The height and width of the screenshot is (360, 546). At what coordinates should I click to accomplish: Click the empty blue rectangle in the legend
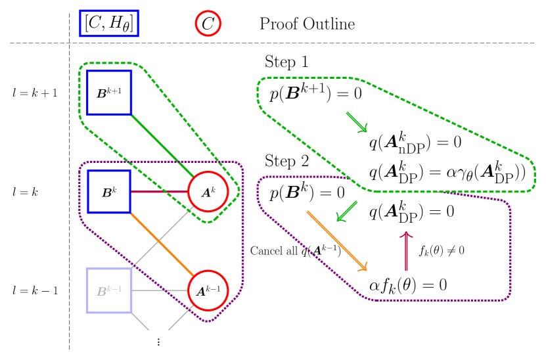[109, 23]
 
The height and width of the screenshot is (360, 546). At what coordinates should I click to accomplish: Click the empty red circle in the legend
[208, 23]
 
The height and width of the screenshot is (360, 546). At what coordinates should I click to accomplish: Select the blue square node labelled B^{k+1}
[109, 93]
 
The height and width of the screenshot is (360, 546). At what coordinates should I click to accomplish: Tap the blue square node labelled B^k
[109, 192]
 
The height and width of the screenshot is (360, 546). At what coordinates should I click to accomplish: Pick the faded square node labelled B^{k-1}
[109, 290]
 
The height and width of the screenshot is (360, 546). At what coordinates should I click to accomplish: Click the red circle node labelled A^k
[208, 192]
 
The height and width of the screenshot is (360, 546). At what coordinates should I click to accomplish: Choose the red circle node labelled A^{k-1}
[208, 290]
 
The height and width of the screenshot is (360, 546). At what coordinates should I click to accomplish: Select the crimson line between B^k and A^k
[159, 192]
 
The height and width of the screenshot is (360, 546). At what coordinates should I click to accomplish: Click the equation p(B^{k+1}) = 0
[315, 94]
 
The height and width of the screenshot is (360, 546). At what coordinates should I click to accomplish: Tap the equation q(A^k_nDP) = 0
[415, 143]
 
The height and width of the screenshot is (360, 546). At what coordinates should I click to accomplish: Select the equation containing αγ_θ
[447, 172]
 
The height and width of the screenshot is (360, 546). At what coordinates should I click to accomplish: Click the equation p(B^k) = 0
[307, 194]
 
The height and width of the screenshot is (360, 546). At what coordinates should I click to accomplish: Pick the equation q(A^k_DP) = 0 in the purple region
[411, 212]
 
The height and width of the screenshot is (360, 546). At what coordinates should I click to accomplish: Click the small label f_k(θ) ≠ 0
[442, 250]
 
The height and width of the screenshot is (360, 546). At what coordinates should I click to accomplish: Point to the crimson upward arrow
[406, 250]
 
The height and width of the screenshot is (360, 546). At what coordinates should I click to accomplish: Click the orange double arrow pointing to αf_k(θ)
[336, 240]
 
